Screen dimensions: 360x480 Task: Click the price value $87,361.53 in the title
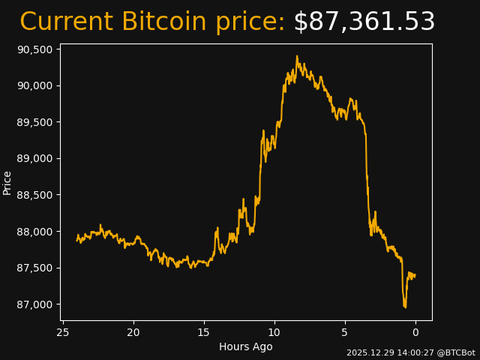click(x=364, y=22)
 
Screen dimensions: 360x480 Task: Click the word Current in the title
click(x=66, y=22)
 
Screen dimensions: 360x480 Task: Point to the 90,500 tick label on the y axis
click(x=34, y=49)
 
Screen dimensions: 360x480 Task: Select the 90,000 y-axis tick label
click(x=34, y=85)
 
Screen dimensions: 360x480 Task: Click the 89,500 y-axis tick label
click(x=34, y=122)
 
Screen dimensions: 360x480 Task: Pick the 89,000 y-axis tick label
click(x=34, y=158)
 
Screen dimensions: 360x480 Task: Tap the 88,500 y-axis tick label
click(x=34, y=195)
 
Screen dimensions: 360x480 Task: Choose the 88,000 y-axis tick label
click(x=34, y=232)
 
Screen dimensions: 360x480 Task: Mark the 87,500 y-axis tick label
click(x=34, y=268)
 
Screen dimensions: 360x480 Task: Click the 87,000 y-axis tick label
click(x=34, y=304)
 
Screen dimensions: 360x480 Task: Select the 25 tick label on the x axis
click(x=63, y=332)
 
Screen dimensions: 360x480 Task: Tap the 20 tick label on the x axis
click(x=133, y=332)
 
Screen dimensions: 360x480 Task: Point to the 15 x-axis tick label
click(x=204, y=332)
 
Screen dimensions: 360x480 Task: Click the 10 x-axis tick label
click(x=274, y=332)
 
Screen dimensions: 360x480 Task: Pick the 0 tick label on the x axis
click(x=415, y=332)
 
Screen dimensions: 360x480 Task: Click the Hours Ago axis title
click(x=245, y=346)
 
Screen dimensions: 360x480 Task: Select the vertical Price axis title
click(x=7, y=182)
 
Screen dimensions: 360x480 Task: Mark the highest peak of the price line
click(x=297, y=56)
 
